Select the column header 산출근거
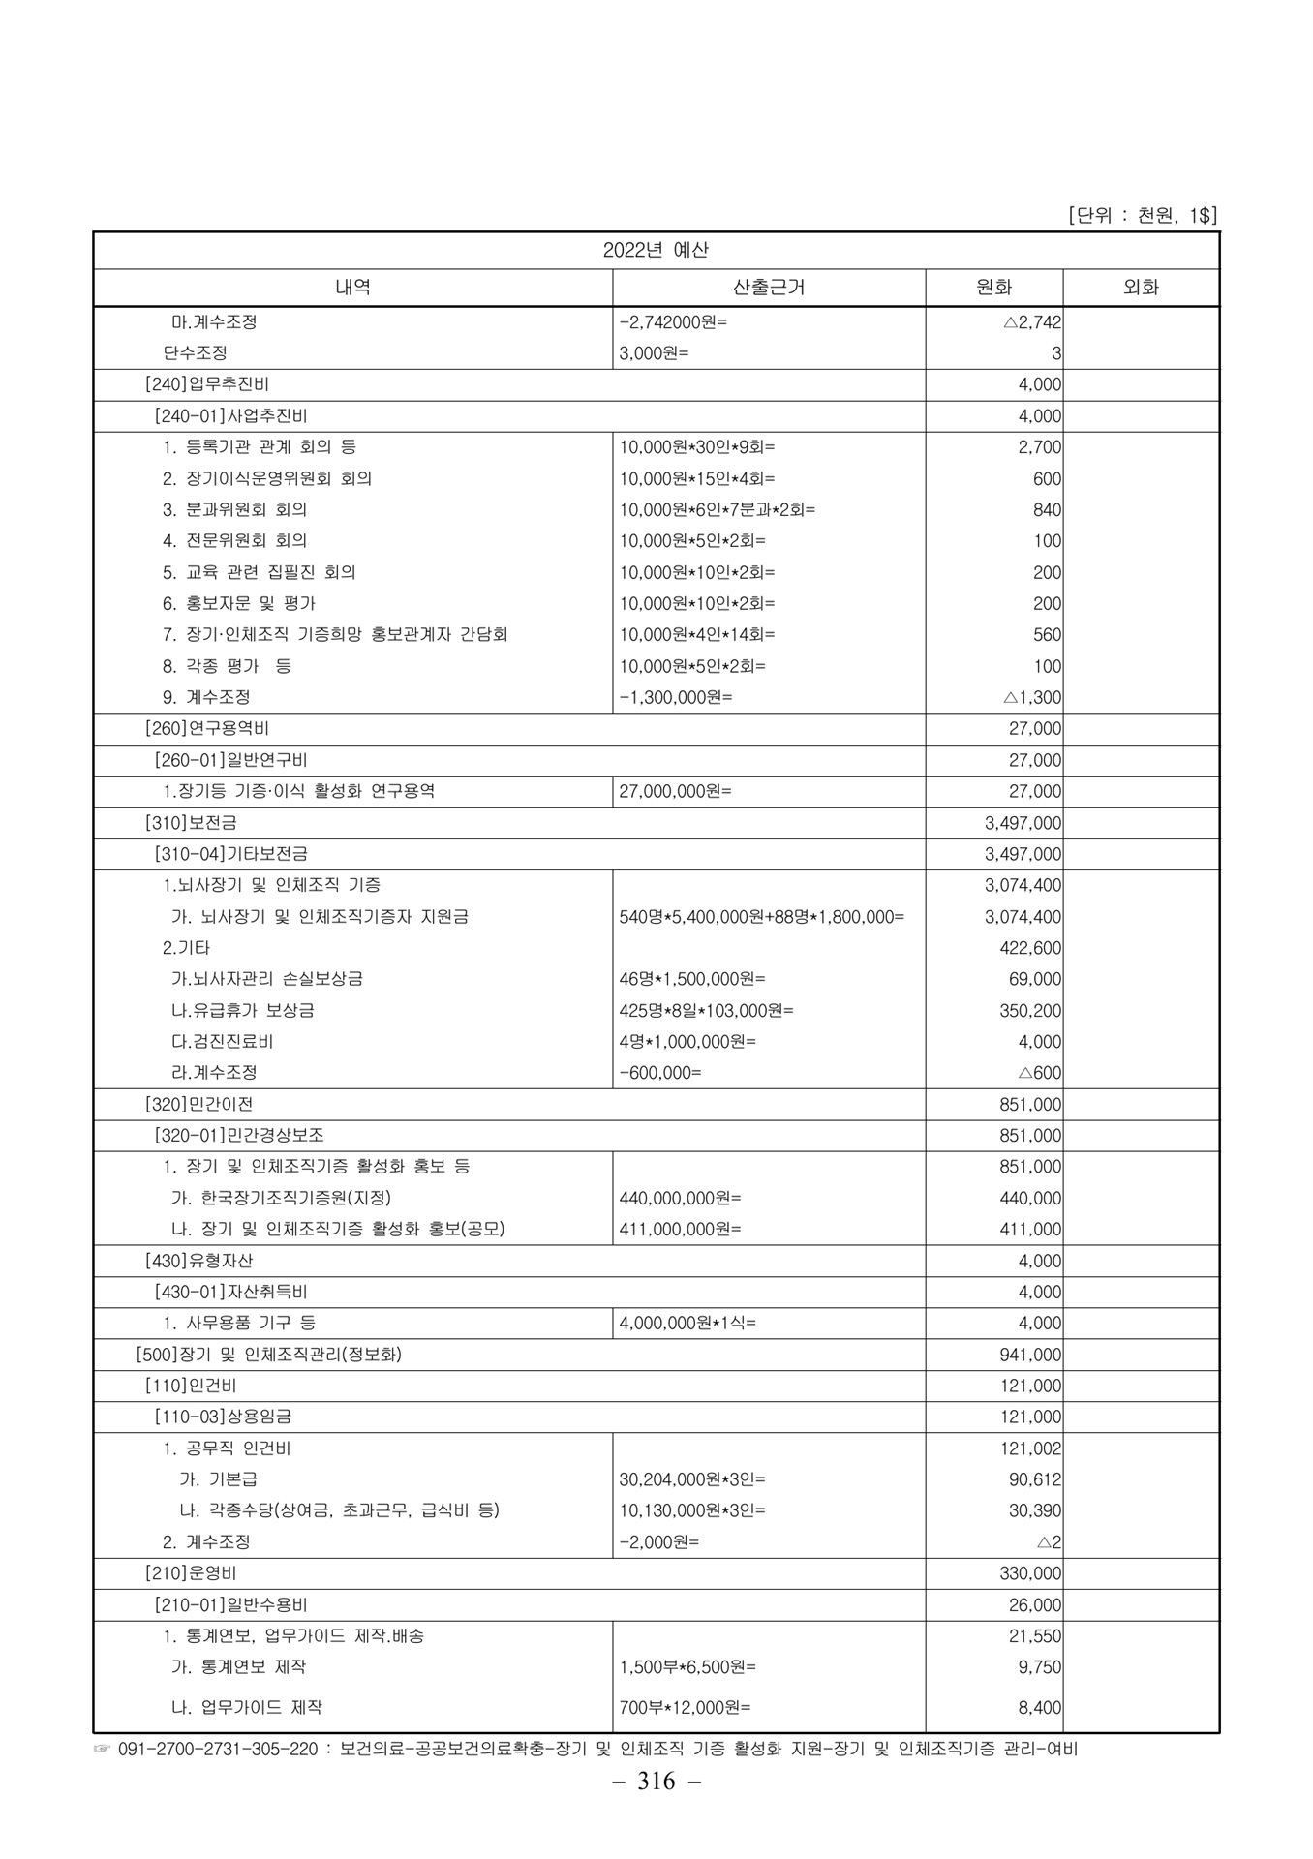[x=769, y=288]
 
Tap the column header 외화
[x=1141, y=288]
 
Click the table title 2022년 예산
[x=656, y=250]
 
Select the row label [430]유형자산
[x=198, y=1261]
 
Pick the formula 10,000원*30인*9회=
[x=697, y=447]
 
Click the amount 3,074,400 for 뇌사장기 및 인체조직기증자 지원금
[x=1023, y=916]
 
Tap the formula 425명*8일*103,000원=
[x=706, y=1010]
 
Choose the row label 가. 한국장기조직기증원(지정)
[x=281, y=1198]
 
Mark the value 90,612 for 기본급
[x=1035, y=1479]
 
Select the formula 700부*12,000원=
[x=685, y=1707]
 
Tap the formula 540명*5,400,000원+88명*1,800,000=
[x=761, y=916]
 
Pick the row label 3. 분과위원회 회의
[x=234, y=509]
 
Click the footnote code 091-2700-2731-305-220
[x=218, y=1750]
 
